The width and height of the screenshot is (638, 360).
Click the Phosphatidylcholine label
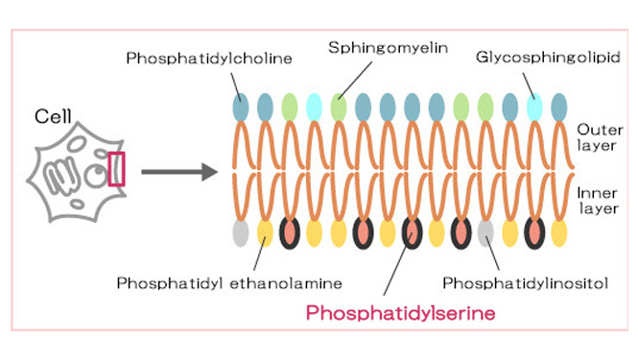(209, 59)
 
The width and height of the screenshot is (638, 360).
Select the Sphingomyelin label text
(389, 48)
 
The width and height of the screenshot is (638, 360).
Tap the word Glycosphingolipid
(548, 57)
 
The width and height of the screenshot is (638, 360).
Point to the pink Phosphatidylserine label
(401, 313)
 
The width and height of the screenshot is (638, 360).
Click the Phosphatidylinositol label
(526, 283)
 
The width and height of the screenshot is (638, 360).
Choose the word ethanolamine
(286, 283)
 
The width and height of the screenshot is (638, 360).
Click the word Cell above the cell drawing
(53, 116)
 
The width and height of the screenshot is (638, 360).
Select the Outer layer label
(600, 137)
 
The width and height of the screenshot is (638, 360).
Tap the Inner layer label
(598, 201)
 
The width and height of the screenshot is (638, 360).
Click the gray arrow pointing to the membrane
(179, 172)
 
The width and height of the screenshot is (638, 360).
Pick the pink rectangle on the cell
(116, 169)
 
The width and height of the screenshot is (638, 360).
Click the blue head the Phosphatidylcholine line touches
(241, 108)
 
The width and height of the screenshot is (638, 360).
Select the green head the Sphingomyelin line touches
(339, 108)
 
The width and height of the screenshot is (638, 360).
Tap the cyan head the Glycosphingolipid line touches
(534, 108)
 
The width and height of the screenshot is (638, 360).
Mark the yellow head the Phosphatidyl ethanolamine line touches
(265, 233)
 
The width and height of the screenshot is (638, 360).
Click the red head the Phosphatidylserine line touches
(412, 233)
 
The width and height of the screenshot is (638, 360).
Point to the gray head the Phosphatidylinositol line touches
(485, 233)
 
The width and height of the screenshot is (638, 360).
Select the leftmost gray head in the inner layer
(241, 233)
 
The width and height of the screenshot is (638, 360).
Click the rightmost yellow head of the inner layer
(559, 233)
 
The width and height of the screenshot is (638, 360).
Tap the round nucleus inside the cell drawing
(96, 176)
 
